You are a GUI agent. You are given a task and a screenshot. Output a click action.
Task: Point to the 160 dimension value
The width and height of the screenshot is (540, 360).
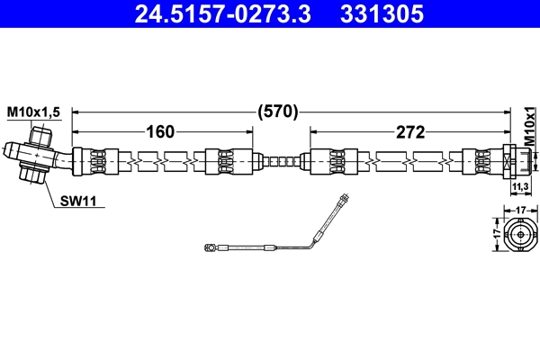point(160,132)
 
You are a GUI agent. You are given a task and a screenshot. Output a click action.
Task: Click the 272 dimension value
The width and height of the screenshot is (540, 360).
point(409,132)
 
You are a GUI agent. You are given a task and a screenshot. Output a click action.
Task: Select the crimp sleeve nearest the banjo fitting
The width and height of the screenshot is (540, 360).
point(94,162)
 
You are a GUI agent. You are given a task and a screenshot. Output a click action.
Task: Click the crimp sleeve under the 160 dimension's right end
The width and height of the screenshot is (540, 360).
point(225,162)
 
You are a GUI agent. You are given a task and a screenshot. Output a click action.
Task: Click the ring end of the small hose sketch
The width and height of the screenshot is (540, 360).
point(210,245)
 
